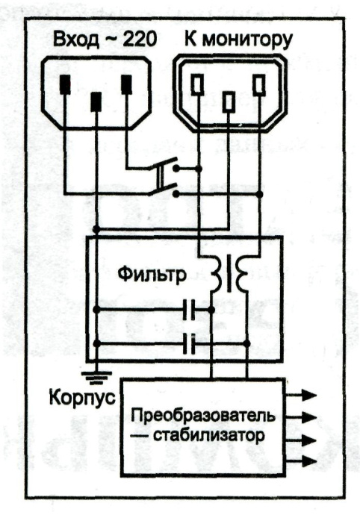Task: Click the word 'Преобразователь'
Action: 202,414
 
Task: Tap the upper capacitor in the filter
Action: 190,309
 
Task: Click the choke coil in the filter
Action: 229,274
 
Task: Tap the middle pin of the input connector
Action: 96,101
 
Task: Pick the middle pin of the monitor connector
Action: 229,100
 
